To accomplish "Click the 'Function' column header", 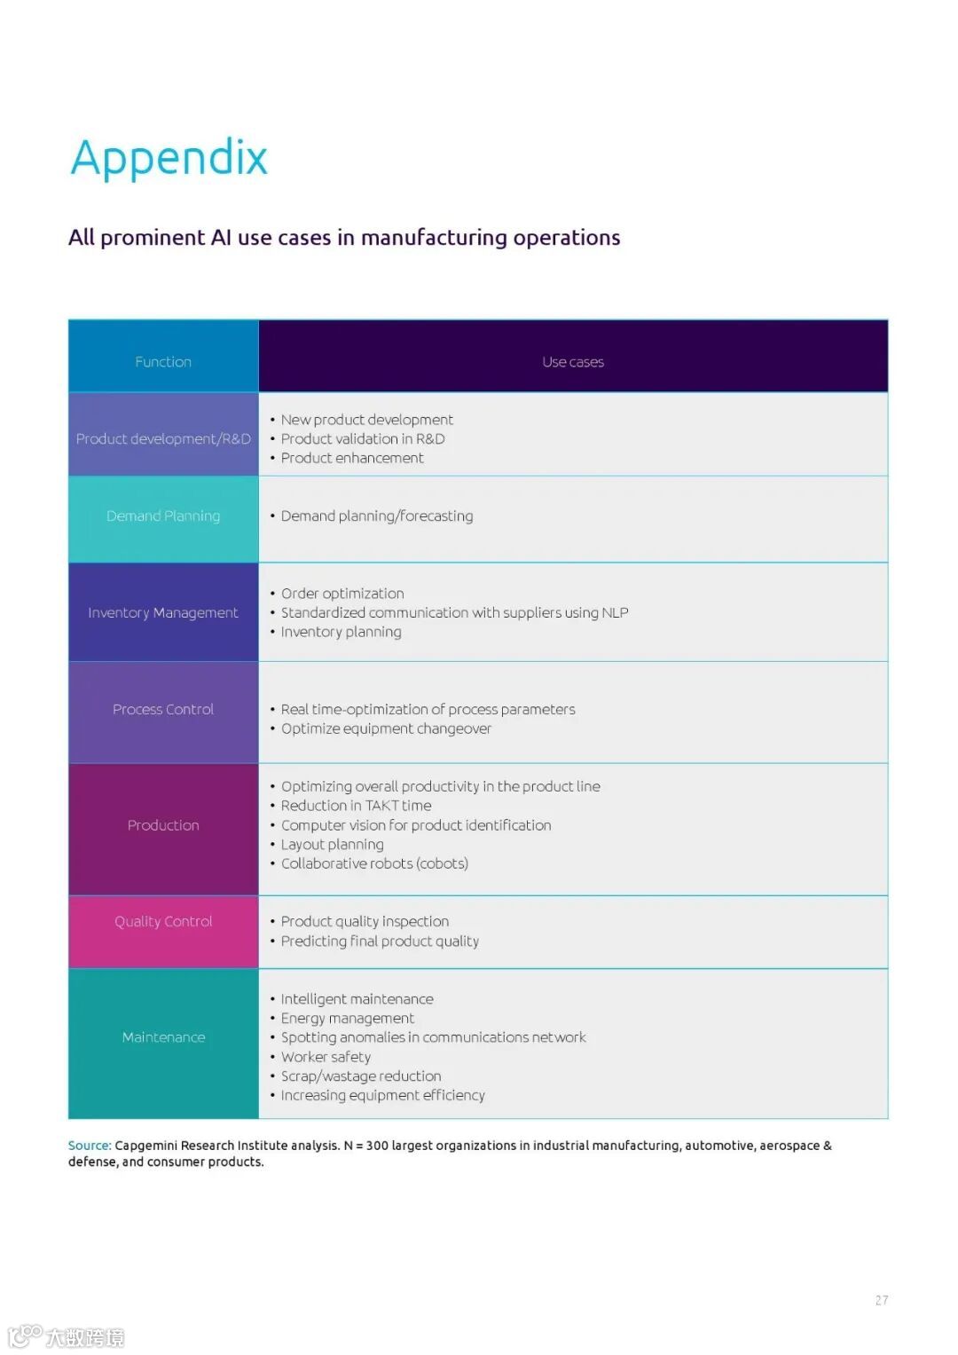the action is coord(163,362).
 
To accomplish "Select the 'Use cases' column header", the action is coord(573,362).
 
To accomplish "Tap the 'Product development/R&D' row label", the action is coord(163,439).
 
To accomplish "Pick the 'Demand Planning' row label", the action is coord(163,516).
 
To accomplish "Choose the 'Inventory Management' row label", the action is coord(163,613).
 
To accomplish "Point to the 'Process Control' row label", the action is coord(163,710).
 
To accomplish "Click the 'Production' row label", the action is coord(163,825).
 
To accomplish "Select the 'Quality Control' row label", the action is coord(163,922).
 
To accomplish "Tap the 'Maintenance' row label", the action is coord(163,1037).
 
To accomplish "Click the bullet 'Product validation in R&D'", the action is coord(363,439).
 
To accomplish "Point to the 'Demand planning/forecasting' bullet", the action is coord(377,516).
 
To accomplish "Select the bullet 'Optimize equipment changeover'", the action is coord(386,729).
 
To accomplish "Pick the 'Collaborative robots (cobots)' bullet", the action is coord(374,864).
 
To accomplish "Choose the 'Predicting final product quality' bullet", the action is coord(380,941).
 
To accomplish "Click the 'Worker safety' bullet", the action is coord(326,1057).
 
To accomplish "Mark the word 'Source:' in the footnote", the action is coord(90,1146).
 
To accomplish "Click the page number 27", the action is coord(881,1301).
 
